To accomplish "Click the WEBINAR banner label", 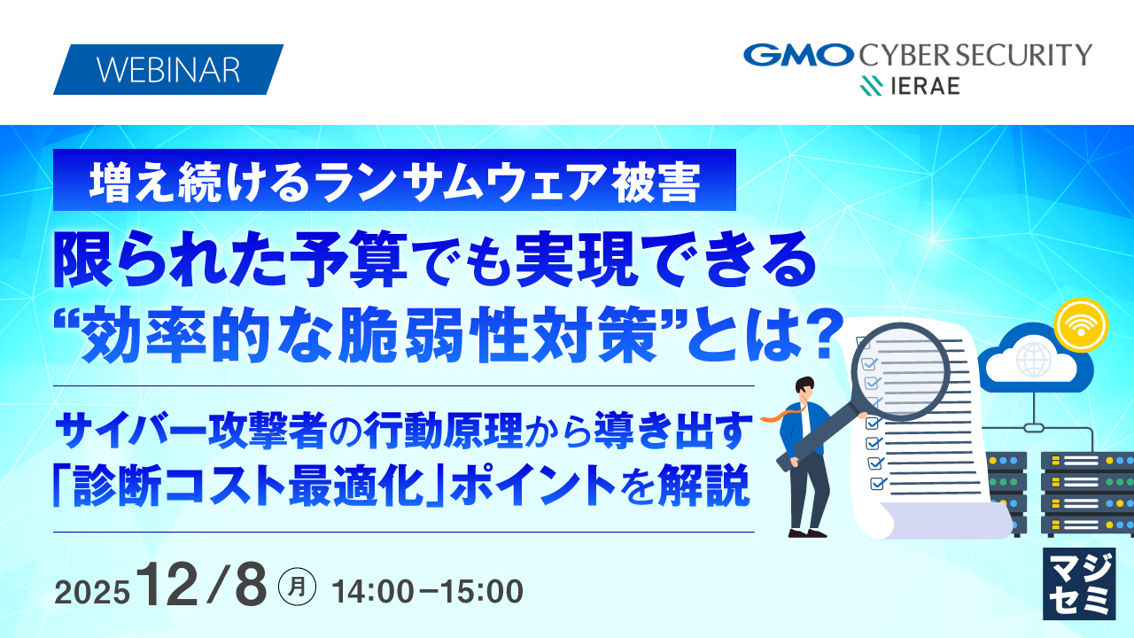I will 167,70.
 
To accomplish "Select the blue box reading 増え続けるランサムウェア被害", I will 395,181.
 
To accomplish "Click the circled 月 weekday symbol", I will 297,587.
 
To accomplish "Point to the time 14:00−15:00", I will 426,590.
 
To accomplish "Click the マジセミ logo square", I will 1078,583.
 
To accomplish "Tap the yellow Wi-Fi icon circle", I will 1081,324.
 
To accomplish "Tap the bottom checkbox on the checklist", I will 879,484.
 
